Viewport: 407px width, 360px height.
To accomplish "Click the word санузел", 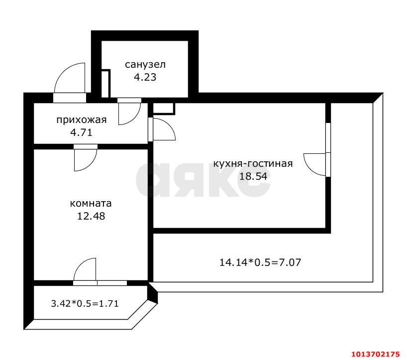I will coord(145,65).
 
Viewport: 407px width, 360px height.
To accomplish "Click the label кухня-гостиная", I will coord(252,163).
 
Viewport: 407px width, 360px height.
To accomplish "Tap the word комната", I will coord(91,204).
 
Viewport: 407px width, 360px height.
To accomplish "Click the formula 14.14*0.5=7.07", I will coord(260,261).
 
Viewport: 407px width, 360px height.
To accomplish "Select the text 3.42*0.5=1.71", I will coord(85,303).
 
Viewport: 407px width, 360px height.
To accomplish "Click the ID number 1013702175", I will coord(376,354).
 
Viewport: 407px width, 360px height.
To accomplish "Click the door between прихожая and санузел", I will coord(129,112).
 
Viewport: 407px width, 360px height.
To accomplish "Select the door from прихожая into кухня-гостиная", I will coord(162,129).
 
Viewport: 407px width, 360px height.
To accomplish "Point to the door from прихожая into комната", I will coord(85,158).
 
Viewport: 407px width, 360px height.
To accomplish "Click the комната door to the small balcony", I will coord(85,271).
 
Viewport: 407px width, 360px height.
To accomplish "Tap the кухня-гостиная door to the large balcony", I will coord(315,164).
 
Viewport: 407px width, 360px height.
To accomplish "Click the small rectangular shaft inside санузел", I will coord(105,84).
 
